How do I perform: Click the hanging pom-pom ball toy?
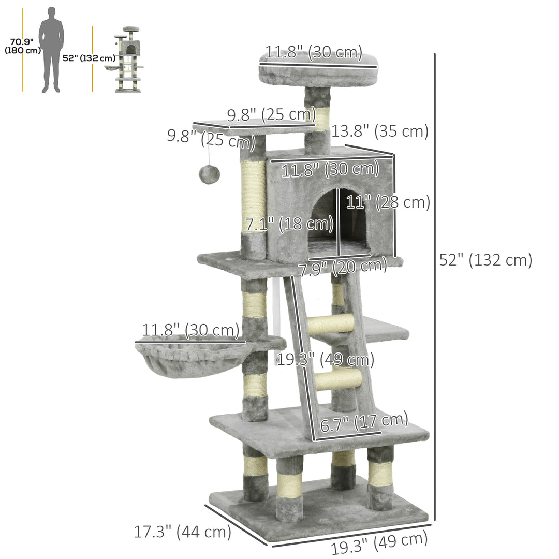pyautogui.click(x=209, y=174)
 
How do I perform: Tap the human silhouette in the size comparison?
pyautogui.click(x=51, y=50)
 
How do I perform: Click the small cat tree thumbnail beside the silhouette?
pyautogui.click(x=127, y=60)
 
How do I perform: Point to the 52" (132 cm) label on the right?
pyautogui.click(x=485, y=260)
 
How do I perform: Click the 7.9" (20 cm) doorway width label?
pyautogui.click(x=343, y=267)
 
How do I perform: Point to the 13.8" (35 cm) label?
pyautogui.click(x=380, y=131)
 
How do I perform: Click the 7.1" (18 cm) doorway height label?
pyautogui.click(x=288, y=225)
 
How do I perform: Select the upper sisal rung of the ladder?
pyautogui.click(x=331, y=323)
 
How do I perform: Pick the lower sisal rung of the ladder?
pyautogui.click(x=339, y=380)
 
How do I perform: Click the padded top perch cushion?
pyautogui.click(x=318, y=72)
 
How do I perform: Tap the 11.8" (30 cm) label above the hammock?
pyautogui.click(x=190, y=330)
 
